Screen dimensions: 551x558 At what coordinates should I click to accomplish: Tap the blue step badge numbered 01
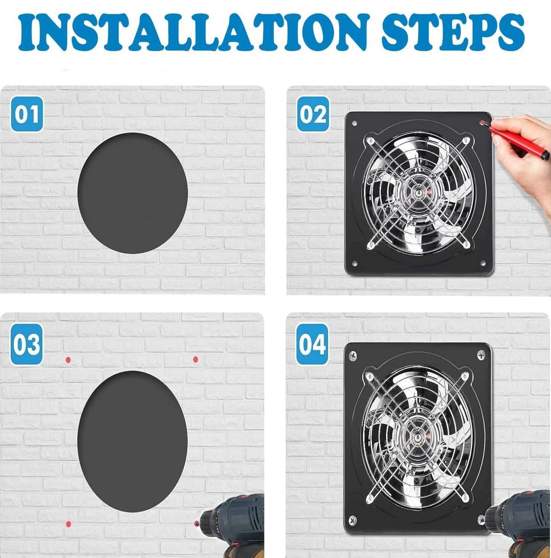pyautogui.click(x=27, y=115)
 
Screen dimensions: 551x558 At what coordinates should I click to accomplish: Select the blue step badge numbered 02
pyautogui.click(x=313, y=115)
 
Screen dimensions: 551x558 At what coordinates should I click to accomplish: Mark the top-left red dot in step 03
pyautogui.click(x=68, y=360)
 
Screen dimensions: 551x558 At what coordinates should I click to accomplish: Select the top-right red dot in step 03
pyautogui.click(x=196, y=360)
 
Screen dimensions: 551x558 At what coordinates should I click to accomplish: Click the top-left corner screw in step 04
pyautogui.click(x=353, y=356)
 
